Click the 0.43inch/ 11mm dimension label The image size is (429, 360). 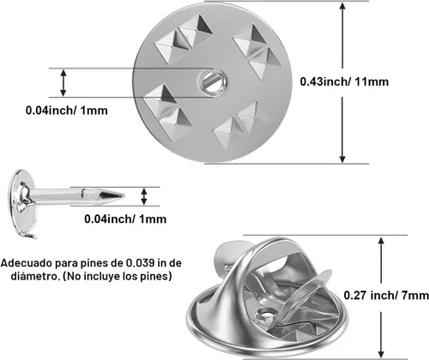[x=344, y=81]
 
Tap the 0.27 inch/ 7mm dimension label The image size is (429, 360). [x=386, y=295]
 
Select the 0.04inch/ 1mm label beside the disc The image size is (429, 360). [x=67, y=111]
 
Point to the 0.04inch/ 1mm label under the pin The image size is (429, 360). [x=125, y=219]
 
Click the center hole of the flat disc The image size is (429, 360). [x=213, y=82]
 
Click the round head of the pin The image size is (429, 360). [x=23, y=201]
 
